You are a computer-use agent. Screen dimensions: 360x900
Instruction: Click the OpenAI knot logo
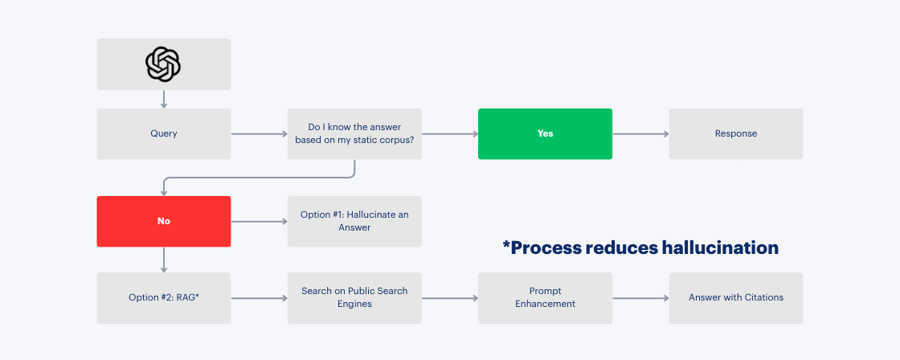pos(163,63)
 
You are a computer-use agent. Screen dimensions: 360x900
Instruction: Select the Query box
pos(163,133)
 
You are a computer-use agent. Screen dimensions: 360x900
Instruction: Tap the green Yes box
pos(545,133)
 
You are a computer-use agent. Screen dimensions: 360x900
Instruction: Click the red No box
pos(163,221)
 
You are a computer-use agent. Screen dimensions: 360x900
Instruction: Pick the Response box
pos(735,133)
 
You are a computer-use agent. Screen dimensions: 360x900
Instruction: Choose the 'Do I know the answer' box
pos(354,133)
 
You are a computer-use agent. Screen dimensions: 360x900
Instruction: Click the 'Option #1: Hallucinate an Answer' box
pos(354,221)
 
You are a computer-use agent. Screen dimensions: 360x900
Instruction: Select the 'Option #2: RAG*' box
pos(163,297)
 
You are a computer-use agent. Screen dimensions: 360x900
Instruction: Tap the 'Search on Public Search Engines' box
pos(354,297)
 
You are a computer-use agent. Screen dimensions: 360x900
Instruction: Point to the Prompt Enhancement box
pos(545,297)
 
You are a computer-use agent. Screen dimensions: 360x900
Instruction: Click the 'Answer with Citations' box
pos(735,297)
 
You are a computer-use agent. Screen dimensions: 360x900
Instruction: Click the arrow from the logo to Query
pos(164,99)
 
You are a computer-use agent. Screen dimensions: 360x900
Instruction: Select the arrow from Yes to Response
pos(640,134)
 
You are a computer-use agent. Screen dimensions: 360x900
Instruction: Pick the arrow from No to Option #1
pos(259,221)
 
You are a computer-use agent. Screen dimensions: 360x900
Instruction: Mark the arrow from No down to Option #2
pos(164,260)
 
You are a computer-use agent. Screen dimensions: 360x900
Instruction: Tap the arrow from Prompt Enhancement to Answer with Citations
pos(640,298)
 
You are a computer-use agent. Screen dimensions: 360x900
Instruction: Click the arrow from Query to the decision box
pos(259,134)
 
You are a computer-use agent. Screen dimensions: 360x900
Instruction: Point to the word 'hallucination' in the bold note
pos(719,247)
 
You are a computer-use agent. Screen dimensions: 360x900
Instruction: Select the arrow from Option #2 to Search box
pos(259,298)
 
